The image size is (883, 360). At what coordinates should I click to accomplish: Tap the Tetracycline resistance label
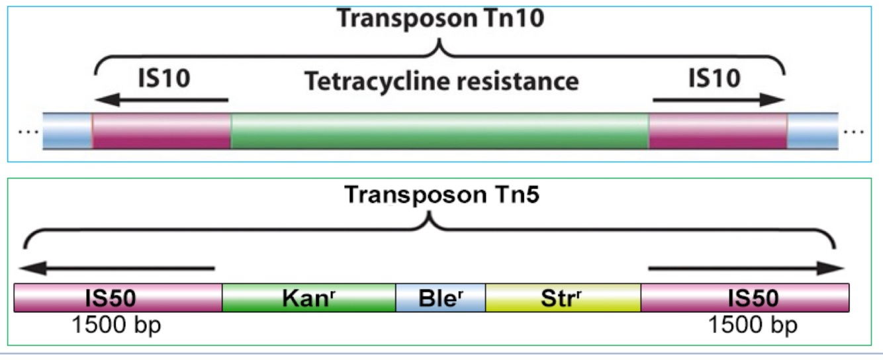point(441,81)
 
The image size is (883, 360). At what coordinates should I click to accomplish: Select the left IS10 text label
point(163,78)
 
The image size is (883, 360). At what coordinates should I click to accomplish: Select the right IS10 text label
point(714,78)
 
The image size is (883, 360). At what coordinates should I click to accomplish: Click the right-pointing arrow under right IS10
point(718,101)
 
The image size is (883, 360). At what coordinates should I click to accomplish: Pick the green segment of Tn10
point(440,130)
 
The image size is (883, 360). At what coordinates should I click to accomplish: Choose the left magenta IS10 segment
point(162,130)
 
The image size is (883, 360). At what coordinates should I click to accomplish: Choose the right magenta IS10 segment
point(718,130)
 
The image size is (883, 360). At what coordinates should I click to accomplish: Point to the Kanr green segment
point(308,298)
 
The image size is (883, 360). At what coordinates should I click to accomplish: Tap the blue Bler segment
point(440,298)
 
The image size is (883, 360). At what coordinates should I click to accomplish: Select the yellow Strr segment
point(563,298)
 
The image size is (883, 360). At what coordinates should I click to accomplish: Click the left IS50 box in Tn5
point(118,298)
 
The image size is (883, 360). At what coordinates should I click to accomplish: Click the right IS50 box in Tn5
point(745,298)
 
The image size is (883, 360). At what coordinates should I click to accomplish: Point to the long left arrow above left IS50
point(116,269)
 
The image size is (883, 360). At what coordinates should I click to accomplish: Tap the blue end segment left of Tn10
point(68,130)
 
